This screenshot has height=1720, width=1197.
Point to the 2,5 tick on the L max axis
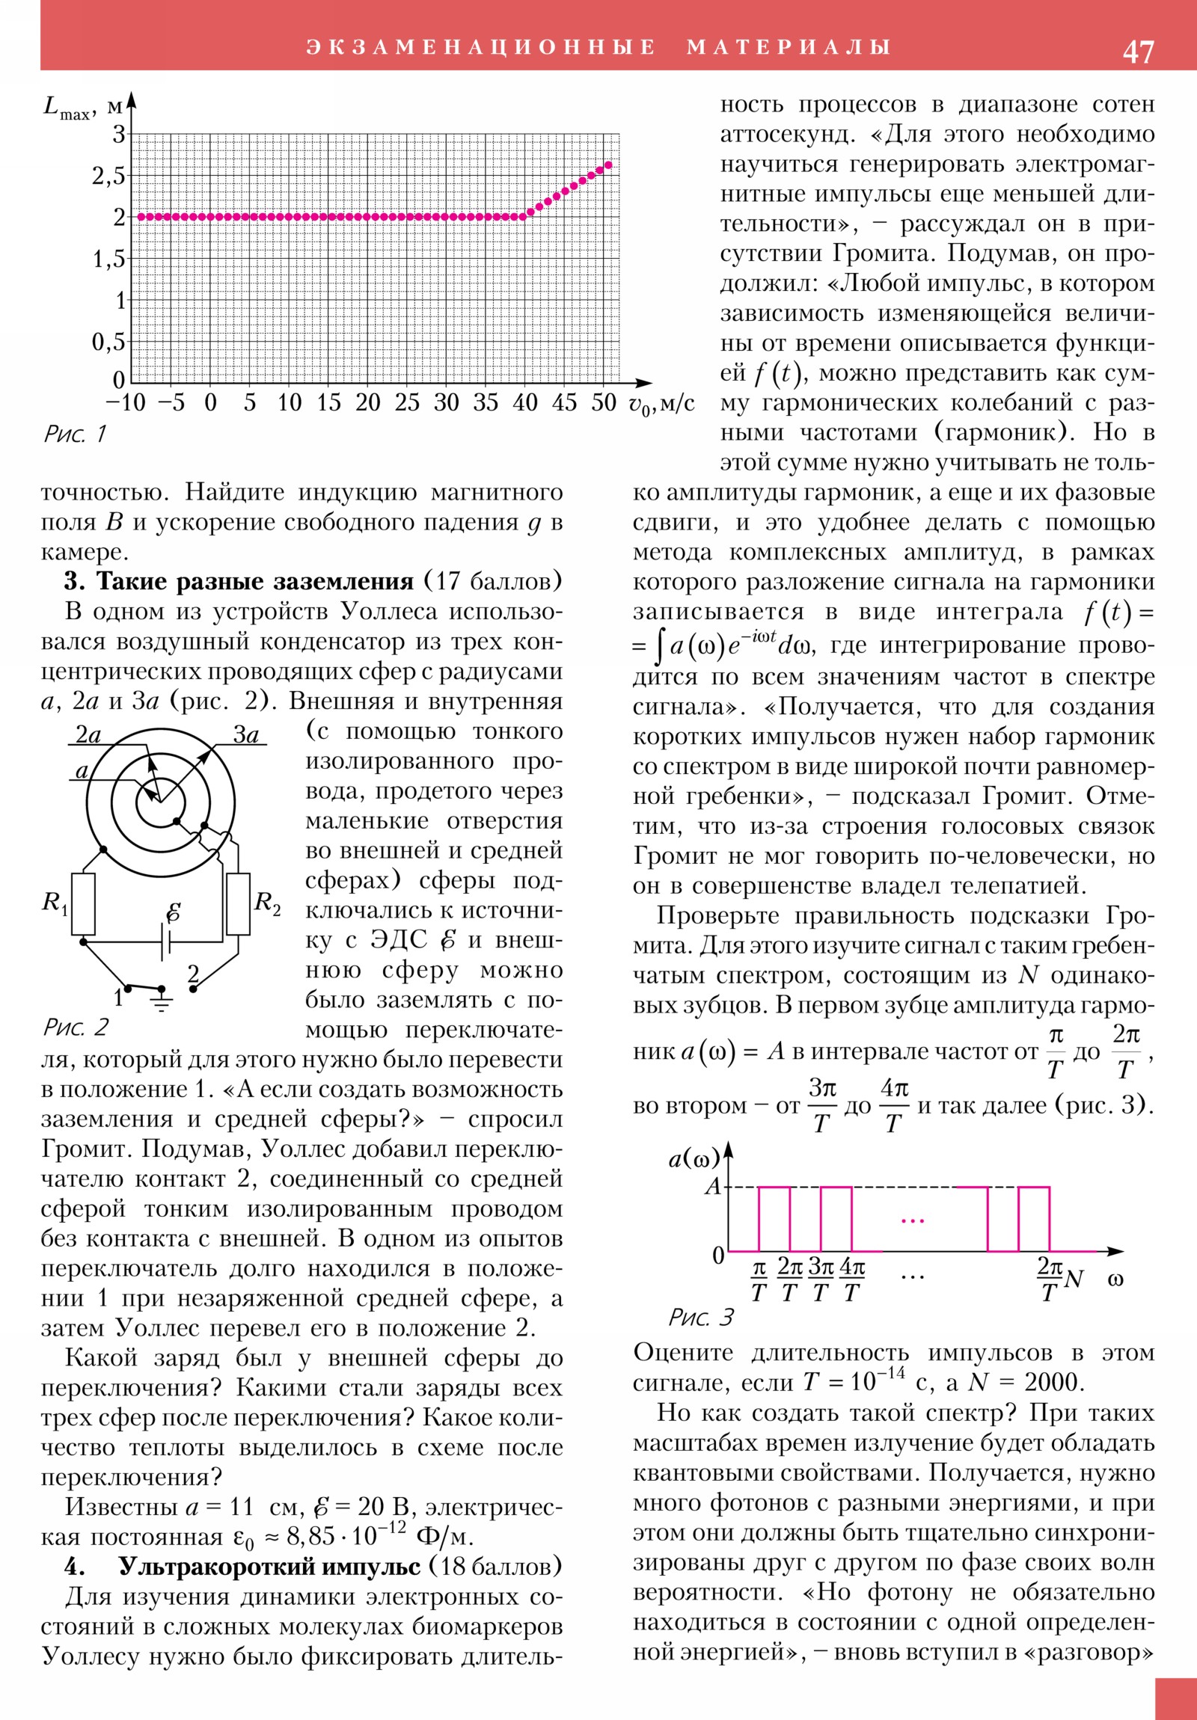point(108,176)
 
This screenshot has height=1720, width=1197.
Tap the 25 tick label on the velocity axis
point(407,403)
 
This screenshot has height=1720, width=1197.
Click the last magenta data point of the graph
point(609,165)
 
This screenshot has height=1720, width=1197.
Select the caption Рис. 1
point(75,434)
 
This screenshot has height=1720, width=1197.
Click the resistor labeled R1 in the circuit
point(83,903)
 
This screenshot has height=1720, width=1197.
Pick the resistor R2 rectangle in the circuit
point(239,903)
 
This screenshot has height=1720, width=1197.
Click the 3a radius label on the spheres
point(245,735)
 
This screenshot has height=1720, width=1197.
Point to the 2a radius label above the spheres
point(88,735)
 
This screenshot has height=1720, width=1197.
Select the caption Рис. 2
point(76,1027)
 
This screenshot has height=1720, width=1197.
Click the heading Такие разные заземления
point(255,582)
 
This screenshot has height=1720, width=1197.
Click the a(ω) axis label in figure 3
point(694,1159)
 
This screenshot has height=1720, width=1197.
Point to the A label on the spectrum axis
point(713,1187)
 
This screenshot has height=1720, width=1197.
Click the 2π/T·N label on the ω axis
point(1060,1280)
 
